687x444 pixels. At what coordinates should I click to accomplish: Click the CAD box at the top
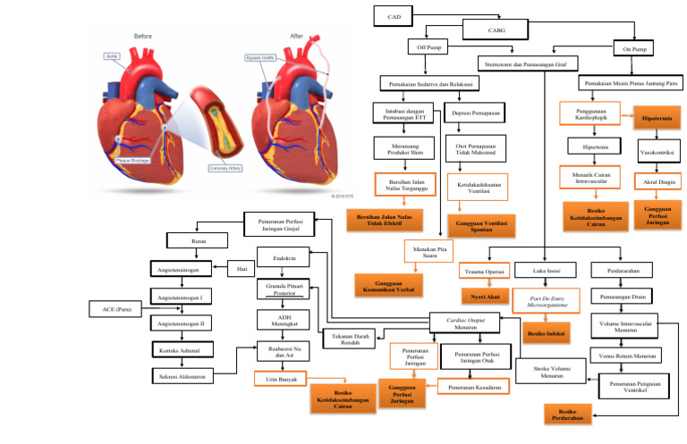point(394,16)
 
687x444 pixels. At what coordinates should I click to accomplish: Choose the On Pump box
point(633,48)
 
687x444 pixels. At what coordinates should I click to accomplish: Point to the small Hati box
point(242,267)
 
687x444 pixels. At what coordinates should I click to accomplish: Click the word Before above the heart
point(143,36)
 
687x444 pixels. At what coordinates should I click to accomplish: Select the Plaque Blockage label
point(134,161)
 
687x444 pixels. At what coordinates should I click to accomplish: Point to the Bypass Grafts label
point(260,58)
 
